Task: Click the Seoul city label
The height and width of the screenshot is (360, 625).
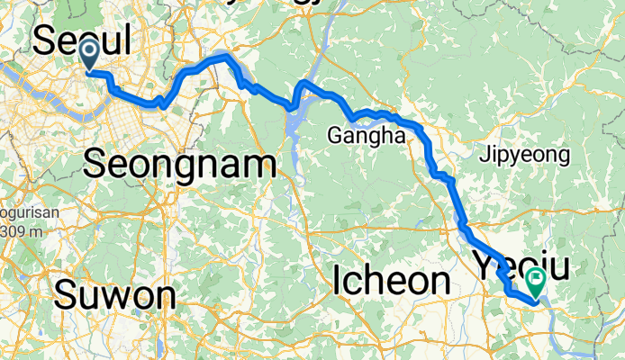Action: (x=82, y=40)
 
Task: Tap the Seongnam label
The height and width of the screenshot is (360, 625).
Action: (x=178, y=165)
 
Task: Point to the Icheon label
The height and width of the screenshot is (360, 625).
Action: (x=391, y=280)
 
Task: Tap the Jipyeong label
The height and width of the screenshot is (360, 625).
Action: (x=528, y=155)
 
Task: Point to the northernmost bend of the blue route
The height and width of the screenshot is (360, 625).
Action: (x=223, y=57)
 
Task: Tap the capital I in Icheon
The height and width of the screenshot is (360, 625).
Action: (x=339, y=280)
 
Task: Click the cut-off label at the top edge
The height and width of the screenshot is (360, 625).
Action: (x=270, y=3)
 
